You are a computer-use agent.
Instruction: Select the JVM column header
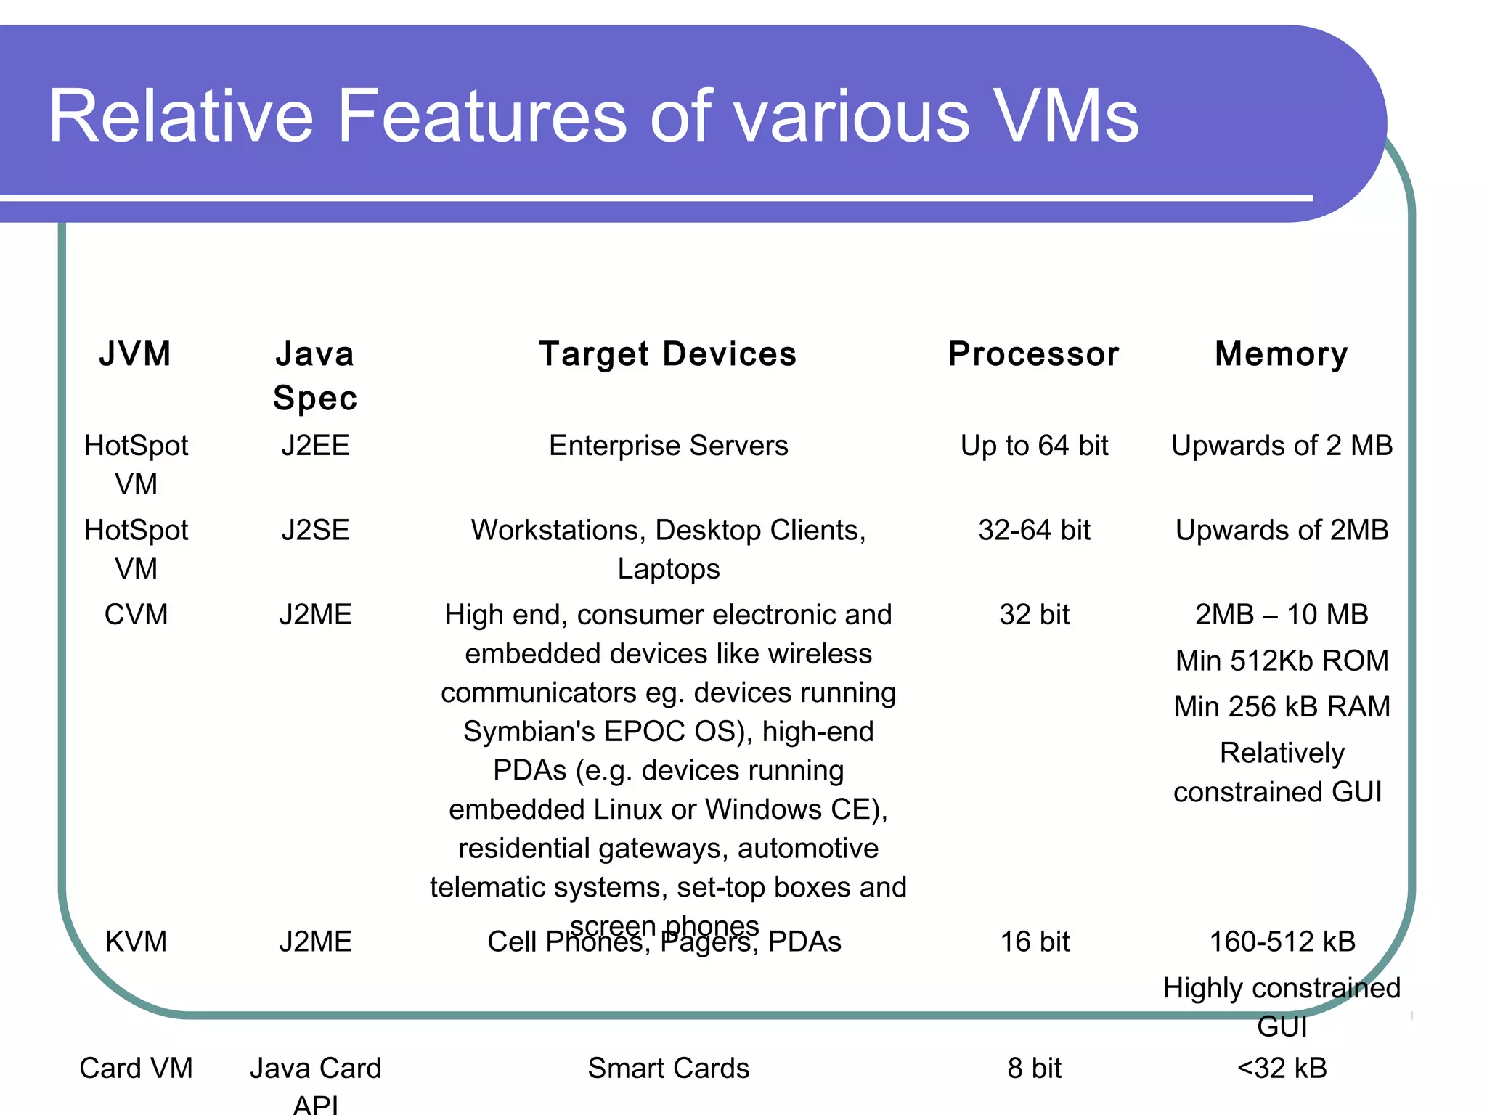point(136,354)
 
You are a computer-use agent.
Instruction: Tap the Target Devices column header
point(668,354)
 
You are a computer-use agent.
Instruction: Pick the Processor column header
point(1034,354)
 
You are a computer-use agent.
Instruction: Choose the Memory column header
point(1282,354)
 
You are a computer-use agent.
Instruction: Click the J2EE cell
point(315,446)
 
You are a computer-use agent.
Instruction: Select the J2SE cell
point(315,530)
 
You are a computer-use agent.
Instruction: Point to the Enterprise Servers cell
point(668,446)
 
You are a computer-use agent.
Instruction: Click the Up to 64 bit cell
point(1034,446)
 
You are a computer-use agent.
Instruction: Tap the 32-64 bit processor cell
point(1034,530)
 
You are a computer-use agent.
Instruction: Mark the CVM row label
point(136,615)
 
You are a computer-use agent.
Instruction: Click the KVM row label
point(136,942)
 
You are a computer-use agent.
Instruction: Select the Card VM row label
point(136,1069)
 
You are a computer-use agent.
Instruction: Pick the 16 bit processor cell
point(1035,942)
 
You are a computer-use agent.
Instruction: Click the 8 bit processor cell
point(1034,1069)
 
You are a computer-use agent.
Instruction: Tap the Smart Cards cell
point(668,1069)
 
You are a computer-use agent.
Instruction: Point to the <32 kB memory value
point(1282,1069)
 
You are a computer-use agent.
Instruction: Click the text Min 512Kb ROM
point(1282,661)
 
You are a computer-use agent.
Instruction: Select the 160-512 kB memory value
point(1282,942)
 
